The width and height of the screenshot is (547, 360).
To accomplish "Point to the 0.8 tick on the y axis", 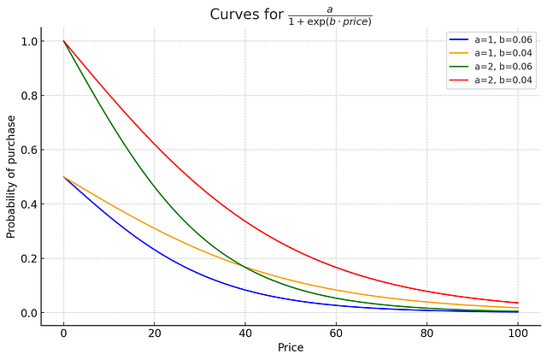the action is pyautogui.click(x=29, y=96).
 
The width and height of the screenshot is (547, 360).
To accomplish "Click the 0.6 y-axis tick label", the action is pyautogui.click(x=29, y=150).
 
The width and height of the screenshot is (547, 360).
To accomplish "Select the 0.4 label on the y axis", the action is pyautogui.click(x=29, y=204).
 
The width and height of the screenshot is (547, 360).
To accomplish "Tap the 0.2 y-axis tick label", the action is pyautogui.click(x=29, y=259).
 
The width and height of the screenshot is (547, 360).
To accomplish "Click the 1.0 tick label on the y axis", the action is pyautogui.click(x=29, y=42).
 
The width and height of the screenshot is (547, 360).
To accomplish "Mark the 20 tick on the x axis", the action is pyautogui.click(x=154, y=333).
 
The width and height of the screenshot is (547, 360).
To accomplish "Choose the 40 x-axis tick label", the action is pyautogui.click(x=245, y=333).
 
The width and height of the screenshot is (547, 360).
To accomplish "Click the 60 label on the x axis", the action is pyautogui.click(x=336, y=333).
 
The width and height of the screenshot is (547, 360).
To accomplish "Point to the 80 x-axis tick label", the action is pyautogui.click(x=427, y=333).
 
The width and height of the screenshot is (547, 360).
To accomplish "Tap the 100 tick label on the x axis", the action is pyautogui.click(x=518, y=333).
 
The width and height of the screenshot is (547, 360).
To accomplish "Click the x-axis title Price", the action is pyautogui.click(x=291, y=348).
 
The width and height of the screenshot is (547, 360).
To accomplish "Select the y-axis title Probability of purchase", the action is pyautogui.click(x=11, y=177).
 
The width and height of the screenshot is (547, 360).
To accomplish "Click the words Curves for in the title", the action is pyautogui.click(x=247, y=15).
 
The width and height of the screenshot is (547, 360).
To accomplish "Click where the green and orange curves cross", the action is pyautogui.click(x=244, y=267).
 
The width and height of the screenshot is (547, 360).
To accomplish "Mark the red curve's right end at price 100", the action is pyautogui.click(x=518, y=303).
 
